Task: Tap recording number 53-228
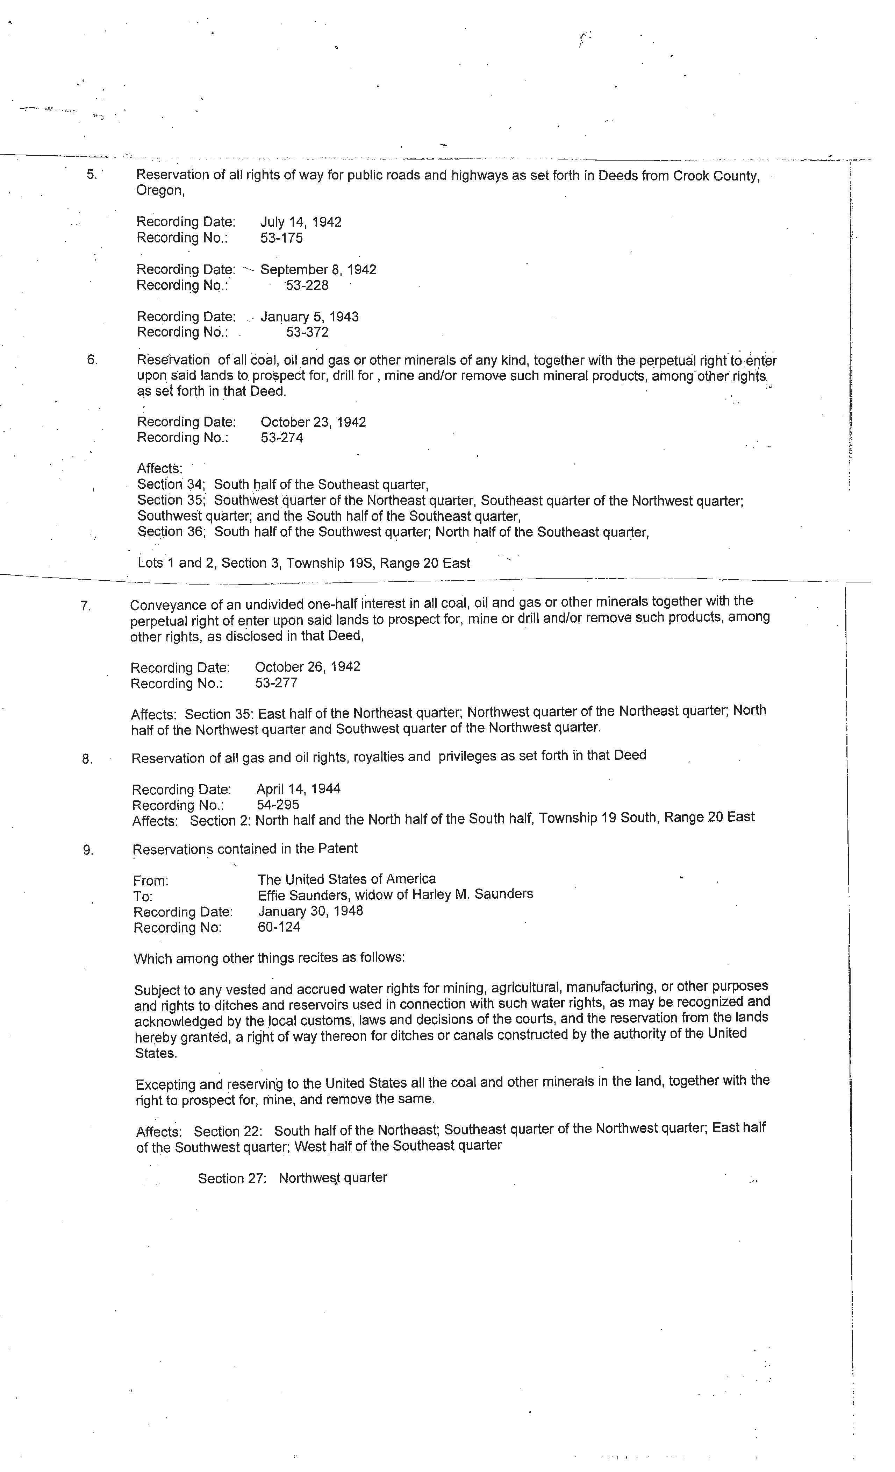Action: [x=307, y=285]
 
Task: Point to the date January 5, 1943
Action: [x=309, y=317]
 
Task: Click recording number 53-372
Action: [x=307, y=332]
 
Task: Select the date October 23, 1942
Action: [x=313, y=422]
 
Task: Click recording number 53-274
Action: [x=282, y=438]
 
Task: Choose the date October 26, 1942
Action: [x=308, y=667]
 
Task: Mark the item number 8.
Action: [x=87, y=759]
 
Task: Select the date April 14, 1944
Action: [x=299, y=788]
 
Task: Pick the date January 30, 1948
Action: [x=310, y=911]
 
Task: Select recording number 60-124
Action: [x=279, y=927]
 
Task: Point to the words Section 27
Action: [x=232, y=1179]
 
